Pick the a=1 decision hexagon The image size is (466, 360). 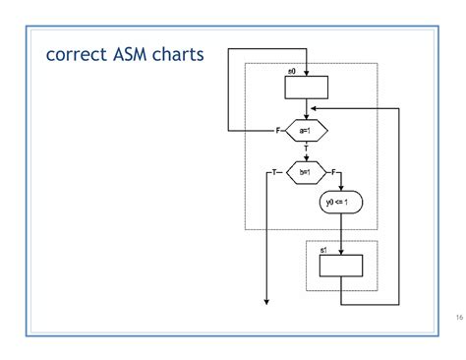click(307, 130)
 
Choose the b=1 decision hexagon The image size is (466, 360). click(306, 172)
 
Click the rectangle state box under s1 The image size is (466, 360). click(340, 267)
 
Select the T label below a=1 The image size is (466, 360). click(307, 148)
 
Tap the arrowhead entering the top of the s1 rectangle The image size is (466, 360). click(340, 252)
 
